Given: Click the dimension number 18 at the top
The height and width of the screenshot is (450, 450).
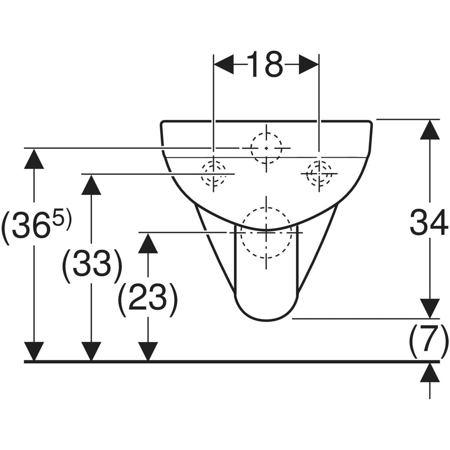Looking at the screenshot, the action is point(265,64).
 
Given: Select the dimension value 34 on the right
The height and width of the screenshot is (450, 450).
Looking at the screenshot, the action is point(429,222).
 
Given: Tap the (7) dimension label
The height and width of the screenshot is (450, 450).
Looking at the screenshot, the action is point(429,341).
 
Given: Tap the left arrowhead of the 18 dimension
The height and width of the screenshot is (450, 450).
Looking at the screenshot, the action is point(224,64).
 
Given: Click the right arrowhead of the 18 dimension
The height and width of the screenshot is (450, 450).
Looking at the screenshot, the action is point(309,64).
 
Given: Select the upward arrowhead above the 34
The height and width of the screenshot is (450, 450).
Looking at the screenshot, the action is point(430,130).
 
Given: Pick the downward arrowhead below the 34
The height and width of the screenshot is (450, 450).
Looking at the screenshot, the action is point(430,309).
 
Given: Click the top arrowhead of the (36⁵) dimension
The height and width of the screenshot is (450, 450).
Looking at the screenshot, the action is point(34,159).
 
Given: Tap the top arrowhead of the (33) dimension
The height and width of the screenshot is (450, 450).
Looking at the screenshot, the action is point(91,185).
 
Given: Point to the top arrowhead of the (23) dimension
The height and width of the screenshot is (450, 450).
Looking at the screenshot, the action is point(148,243).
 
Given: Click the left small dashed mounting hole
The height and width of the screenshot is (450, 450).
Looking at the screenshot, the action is point(213,174).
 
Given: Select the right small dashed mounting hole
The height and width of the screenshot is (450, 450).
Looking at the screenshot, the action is point(319,174).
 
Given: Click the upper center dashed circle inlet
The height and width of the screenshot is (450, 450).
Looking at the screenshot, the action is point(266,148).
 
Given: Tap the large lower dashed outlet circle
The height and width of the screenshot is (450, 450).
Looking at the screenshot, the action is point(266,232).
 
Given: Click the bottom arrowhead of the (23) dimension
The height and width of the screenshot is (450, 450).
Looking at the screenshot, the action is point(148,351).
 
